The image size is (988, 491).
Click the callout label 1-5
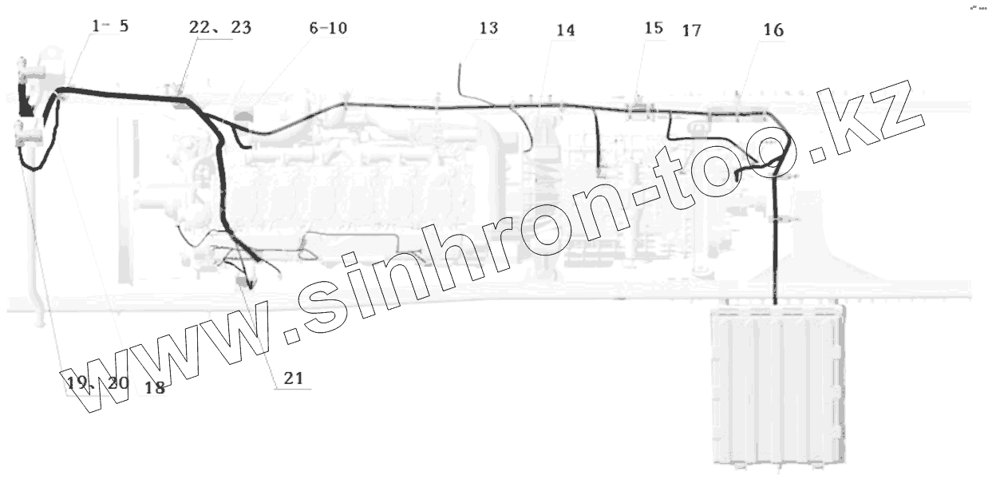110,26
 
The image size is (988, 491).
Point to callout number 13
488,29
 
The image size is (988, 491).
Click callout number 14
565,31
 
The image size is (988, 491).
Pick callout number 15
653,29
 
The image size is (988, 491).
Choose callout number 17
691,32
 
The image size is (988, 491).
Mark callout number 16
773,31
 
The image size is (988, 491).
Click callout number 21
294,378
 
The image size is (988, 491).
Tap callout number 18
155,389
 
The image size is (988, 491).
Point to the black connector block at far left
25,101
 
